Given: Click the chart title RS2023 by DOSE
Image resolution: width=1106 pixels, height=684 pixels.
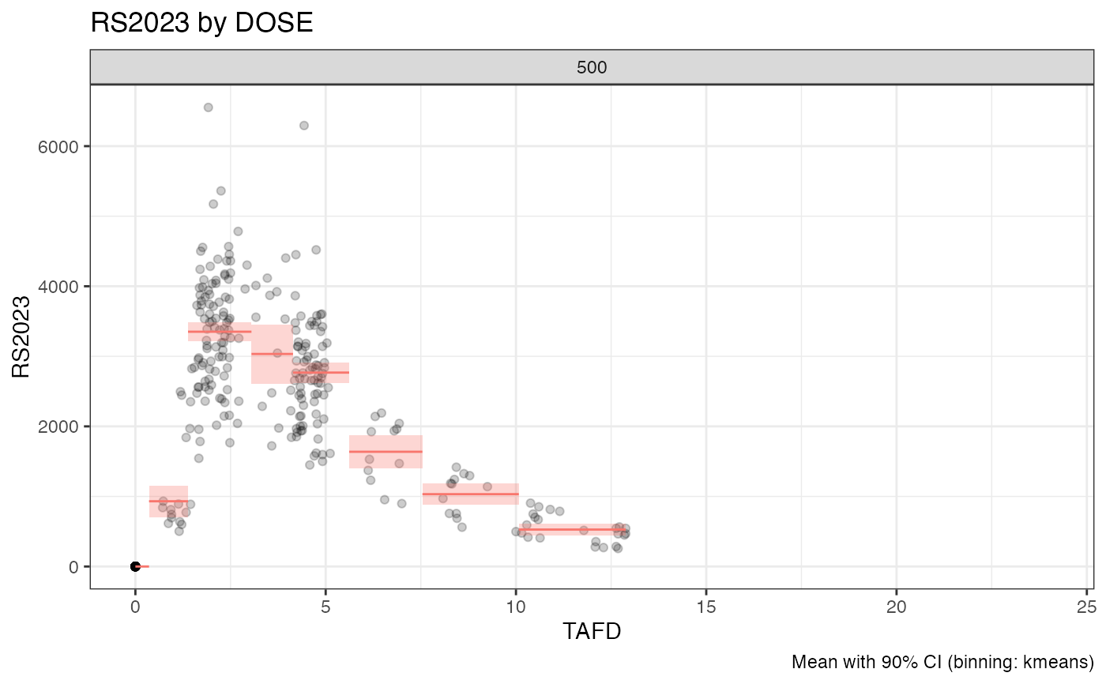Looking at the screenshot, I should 202,23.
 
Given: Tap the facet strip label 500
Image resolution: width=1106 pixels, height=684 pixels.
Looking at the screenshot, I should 592,68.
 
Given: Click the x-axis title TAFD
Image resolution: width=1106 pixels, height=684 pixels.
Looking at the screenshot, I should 592,633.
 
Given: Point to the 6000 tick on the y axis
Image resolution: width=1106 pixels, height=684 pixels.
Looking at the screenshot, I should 62,146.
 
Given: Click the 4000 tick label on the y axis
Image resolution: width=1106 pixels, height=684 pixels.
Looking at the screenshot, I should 62,286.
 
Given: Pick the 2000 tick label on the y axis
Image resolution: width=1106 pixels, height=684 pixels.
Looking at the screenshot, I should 62,427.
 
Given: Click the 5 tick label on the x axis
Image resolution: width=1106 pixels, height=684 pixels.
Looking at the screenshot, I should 325,607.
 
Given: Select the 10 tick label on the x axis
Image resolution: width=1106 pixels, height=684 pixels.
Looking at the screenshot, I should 516,607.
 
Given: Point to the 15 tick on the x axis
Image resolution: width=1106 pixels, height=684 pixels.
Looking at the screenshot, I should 706,607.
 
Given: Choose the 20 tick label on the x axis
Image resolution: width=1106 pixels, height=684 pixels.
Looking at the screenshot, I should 897,607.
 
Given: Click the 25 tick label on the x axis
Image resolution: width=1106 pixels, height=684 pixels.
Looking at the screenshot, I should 1086,607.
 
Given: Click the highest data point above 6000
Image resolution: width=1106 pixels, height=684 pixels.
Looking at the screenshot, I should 208,107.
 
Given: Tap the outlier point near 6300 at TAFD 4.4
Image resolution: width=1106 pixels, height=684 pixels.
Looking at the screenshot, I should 303,126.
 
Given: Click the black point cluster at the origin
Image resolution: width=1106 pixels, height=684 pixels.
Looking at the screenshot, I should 135,566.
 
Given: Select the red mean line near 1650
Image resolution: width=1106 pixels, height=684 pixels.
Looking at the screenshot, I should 386,452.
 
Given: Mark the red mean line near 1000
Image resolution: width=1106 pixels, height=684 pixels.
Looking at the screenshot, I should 471,494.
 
